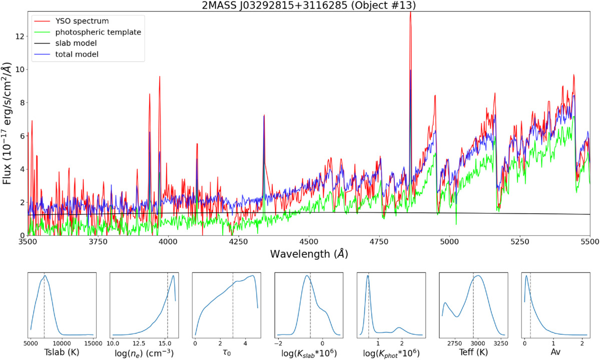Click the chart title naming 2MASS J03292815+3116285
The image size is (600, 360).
tap(309, 6)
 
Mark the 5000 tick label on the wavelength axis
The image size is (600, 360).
tap(449, 242)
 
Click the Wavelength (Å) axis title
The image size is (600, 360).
tap(309, 254)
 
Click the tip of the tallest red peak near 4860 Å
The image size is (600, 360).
tap(410, 12)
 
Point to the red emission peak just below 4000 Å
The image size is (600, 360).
tap(160, 77)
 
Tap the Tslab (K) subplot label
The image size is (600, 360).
tap(62, 352)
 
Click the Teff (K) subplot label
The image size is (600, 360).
tap(473, 352)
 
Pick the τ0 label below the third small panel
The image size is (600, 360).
tap(227, 352)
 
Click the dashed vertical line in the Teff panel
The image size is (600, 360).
tap(473, 305)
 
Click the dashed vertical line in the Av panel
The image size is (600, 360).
tap(530, 305)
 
